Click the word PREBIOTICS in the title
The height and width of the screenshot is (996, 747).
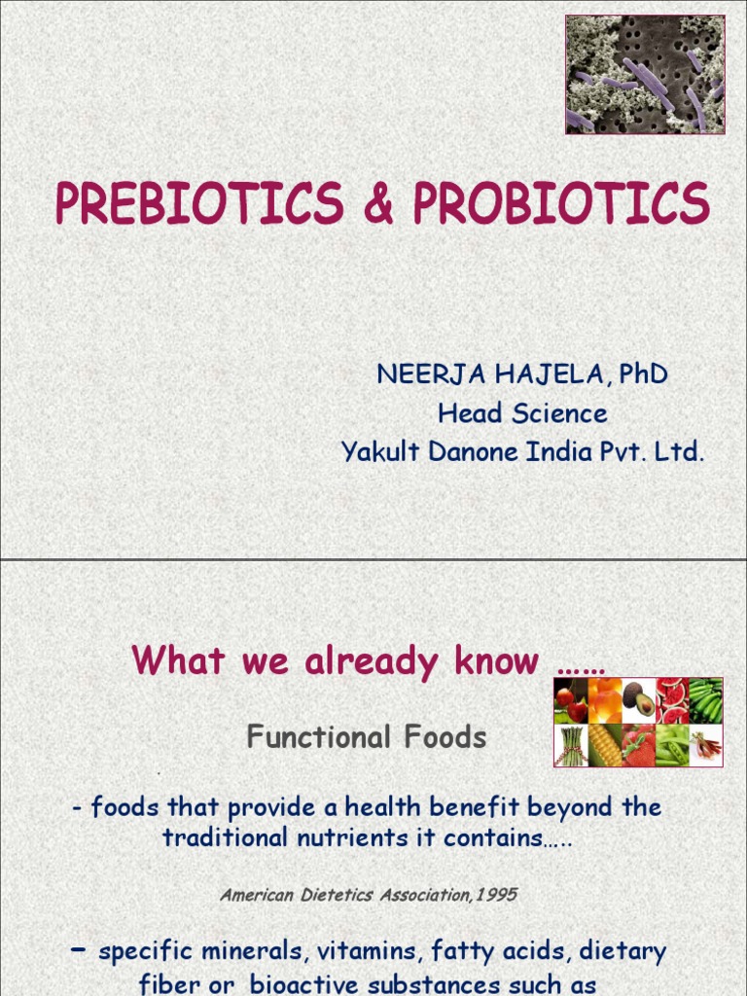199,204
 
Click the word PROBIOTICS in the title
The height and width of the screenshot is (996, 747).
561,204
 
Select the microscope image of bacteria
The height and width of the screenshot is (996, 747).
645,75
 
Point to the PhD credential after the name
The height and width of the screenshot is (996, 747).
643,374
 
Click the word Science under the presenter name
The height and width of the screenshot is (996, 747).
559,413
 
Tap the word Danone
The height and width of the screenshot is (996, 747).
470,452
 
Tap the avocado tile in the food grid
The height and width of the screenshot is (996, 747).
638,700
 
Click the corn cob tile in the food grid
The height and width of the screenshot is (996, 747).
604,745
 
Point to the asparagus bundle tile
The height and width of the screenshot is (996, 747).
570,745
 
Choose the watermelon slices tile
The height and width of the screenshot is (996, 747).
671,700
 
